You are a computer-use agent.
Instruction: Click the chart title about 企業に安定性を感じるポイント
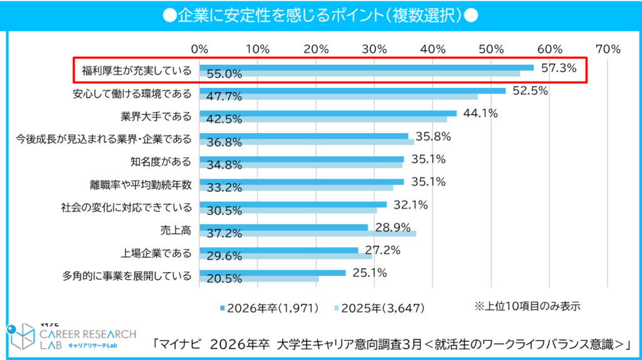pyautogui.click(x=320, y=14)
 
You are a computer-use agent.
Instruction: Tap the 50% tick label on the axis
pyautogui.click(x=491, y=48)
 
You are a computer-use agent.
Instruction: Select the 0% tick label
pyautogui.click(x=199, y=48)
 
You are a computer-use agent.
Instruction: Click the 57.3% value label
pyautogui.click(x=559, y=68)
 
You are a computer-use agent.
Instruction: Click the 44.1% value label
pyautogui.click(x=480, y=114)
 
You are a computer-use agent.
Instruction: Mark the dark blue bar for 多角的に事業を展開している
pyautogui.click(x=273, y=273)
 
